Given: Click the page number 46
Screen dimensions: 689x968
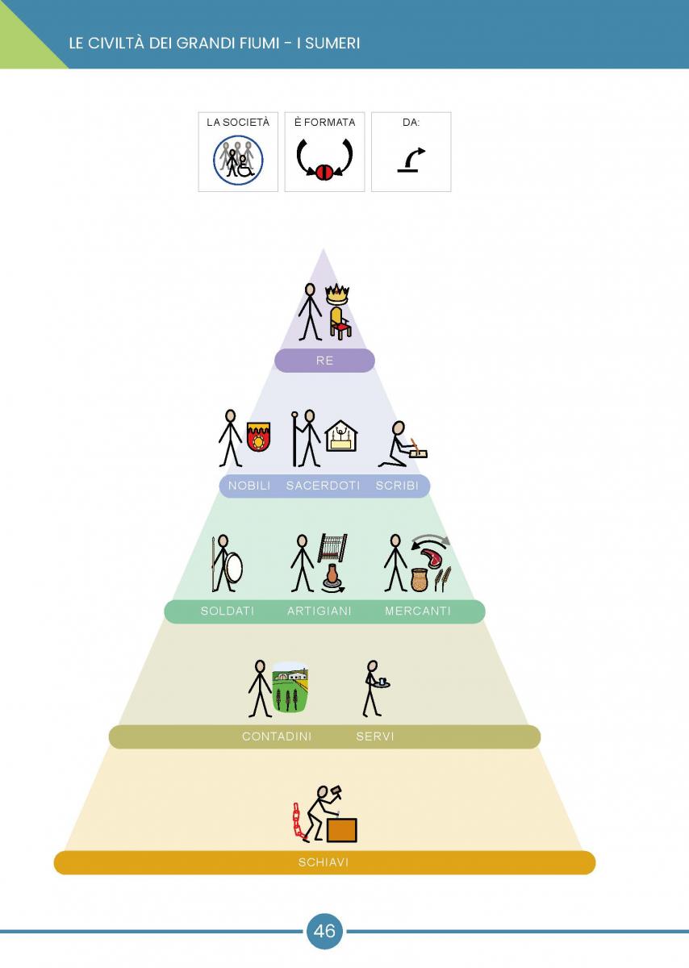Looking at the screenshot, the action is [x=324, y=931].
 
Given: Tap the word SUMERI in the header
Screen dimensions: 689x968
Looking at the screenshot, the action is [x=333, y=44].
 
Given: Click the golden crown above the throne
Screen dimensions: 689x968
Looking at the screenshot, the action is [x=337, y=294].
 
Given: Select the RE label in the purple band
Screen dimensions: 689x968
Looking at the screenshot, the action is [x=324, y=361].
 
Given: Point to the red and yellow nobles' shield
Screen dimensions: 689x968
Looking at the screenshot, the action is [x=258, y=437].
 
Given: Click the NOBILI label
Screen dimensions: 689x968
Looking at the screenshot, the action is [x=249, y=486].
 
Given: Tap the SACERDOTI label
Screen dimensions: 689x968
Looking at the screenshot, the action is [x=323, y=486].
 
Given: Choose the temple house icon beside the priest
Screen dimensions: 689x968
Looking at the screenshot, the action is [x=341, y=436].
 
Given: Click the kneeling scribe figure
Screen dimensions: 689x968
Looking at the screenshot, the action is [x=403, y=444].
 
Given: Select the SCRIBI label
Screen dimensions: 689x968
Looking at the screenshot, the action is [x=397, y=486].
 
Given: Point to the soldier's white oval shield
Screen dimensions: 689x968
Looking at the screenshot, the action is [x=234, y=566].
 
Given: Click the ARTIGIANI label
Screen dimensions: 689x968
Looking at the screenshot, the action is [x=319, y=611].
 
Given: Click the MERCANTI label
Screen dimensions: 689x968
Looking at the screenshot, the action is [x=418, y=611].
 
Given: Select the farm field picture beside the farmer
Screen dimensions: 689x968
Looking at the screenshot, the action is [x=290, y=687].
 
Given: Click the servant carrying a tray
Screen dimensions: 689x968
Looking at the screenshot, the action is [x=375, y=688].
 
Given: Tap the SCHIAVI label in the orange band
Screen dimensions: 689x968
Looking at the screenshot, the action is [x=324, y=862].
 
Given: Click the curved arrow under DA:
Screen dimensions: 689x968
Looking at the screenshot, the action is [x=411, y=160].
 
